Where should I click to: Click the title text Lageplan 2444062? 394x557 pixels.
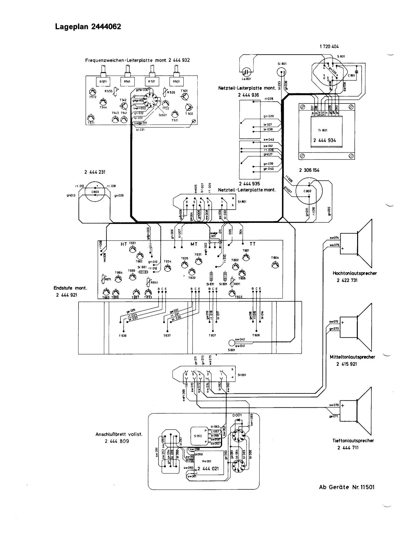(x=88, y=27)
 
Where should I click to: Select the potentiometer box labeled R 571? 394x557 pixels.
(x=103, y=81)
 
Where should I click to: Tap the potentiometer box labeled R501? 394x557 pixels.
(x=176, y=81)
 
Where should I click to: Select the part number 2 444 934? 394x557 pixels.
(x=324, y=140)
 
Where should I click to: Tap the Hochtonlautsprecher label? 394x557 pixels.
(x=355, y=273)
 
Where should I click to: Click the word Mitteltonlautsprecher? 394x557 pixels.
(x=352, y=357)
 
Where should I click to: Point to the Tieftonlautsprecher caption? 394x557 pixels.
(x=353, y=441)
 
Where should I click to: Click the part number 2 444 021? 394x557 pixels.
(x=208, y=469)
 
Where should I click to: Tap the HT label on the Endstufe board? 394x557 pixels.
(x=124, y=244)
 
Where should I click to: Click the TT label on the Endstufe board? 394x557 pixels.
(x=253, y=244)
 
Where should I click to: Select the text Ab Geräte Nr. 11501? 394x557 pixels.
(x=347, y=487)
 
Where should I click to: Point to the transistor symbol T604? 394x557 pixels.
(x=275, y=265)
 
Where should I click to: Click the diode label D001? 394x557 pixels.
(x=237, y=415)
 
